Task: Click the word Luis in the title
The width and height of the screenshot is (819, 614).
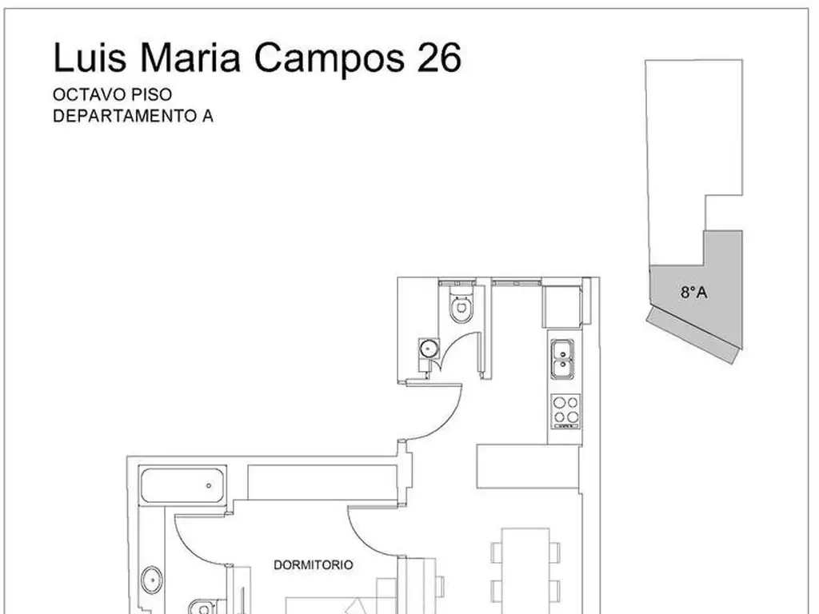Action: (90, 57)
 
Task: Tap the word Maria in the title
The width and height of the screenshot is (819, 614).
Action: (190, 57)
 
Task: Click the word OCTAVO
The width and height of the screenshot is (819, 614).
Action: (90, 94)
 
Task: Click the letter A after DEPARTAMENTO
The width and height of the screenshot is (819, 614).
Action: (207, 116)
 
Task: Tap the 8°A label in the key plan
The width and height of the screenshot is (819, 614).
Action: (694, 293)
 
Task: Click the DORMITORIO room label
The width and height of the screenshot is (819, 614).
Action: (314, 565)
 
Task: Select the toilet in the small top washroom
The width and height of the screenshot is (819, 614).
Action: (461, 304)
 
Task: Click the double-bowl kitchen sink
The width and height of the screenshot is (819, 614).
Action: (562, 359)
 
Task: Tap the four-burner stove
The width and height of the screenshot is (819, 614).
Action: (565, 412)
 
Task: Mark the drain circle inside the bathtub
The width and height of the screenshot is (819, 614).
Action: (209, 485)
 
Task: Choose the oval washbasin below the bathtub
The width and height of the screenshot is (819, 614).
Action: (151, 580)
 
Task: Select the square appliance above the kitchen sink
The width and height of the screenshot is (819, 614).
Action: (562, 307)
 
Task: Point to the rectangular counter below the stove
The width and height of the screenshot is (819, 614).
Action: (529, 467)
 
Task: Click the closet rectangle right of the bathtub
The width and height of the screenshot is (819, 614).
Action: (322, 482)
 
